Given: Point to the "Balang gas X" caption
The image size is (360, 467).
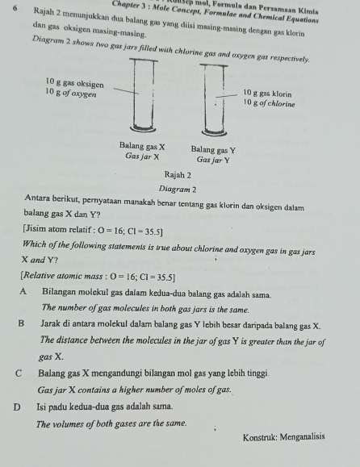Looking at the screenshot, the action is tap(141, 148).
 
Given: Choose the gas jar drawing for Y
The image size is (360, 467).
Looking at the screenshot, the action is tap(213, 101).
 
